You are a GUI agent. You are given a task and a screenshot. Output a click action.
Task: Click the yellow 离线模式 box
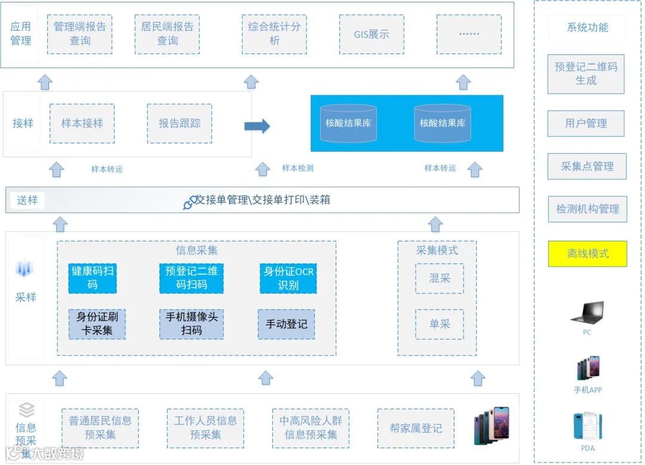point(588,253)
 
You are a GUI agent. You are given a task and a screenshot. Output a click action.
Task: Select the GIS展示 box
point(371,35)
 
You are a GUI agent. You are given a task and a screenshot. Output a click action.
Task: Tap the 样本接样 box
point(82,124)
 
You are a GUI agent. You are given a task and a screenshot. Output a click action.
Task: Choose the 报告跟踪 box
point(179,124)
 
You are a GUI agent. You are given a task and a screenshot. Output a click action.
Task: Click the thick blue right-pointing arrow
point(257,126)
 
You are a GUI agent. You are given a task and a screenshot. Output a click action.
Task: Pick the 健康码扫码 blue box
point(93,278)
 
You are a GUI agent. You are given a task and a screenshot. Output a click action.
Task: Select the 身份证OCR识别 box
point(288,278)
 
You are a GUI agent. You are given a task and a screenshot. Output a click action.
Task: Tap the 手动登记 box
point(287,324)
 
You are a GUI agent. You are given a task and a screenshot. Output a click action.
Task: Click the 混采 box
point(440,278)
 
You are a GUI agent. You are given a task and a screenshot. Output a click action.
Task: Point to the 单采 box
point(440,324)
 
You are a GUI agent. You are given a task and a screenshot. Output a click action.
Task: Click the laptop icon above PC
point(587,314)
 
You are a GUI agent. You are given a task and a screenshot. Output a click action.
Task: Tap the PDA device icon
point(587,426)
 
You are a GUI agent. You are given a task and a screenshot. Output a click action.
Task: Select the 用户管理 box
point(586,123)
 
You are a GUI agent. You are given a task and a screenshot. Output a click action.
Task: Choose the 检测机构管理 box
point(588,209)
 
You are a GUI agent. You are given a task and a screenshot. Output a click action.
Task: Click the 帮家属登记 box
point(416,428)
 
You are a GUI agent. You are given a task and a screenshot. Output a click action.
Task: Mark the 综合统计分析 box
point(275,34)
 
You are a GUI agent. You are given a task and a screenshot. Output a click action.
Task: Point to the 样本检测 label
point(297,169)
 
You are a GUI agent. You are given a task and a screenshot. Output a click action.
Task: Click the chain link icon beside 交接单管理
point(190,202)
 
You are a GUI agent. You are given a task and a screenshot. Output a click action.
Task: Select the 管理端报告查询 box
point(80,34)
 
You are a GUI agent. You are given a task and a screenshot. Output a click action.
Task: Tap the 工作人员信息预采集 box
point(205,428)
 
